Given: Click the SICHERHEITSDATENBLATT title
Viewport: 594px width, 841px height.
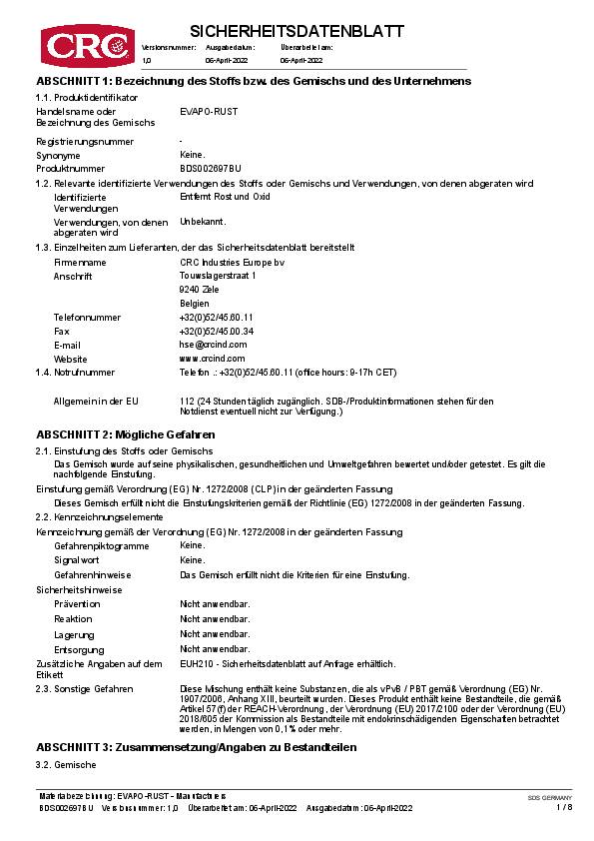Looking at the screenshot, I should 297,31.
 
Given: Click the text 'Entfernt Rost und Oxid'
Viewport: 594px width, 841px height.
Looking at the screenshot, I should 225,197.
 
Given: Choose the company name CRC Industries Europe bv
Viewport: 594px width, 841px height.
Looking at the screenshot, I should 225,262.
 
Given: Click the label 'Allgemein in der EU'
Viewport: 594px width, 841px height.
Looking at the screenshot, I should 95,401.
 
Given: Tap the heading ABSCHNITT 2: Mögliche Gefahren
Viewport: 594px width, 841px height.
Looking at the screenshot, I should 126,434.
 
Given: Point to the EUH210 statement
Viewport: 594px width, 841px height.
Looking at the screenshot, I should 288,663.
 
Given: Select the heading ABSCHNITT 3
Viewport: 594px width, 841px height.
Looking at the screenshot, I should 196,747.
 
